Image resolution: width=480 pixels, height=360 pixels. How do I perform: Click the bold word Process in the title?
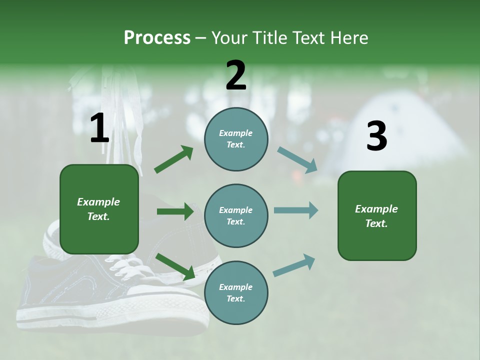tap(157, 37)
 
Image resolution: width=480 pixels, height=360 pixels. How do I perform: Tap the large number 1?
tap(99, 128)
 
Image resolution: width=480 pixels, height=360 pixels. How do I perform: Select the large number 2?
tap(236, 75)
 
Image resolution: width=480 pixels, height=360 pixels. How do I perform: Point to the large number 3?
tap(376, 136)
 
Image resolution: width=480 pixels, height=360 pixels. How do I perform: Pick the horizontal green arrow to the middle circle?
tap(175, 211)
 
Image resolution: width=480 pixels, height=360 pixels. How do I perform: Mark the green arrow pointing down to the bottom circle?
tap(175, 266)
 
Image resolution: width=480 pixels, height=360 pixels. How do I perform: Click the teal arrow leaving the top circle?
tap(297, 160)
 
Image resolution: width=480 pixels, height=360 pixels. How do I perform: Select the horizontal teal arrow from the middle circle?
tap(295, 210)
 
